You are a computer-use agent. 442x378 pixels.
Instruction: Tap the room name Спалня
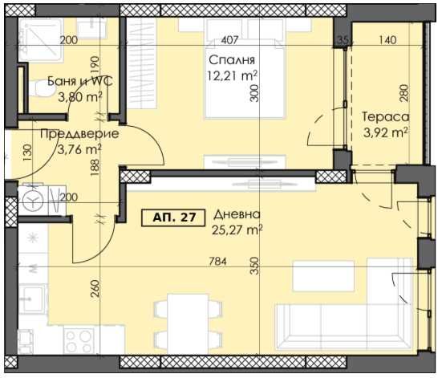[232, 60]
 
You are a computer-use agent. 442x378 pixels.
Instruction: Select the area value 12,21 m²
[233, 76]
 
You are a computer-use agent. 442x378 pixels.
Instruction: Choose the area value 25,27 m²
[238, 232]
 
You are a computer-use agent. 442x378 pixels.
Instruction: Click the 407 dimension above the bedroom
[229, 39]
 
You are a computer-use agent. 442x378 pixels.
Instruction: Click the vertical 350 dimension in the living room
[255, 266]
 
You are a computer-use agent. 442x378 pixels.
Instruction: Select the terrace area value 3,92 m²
[385, 132]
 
